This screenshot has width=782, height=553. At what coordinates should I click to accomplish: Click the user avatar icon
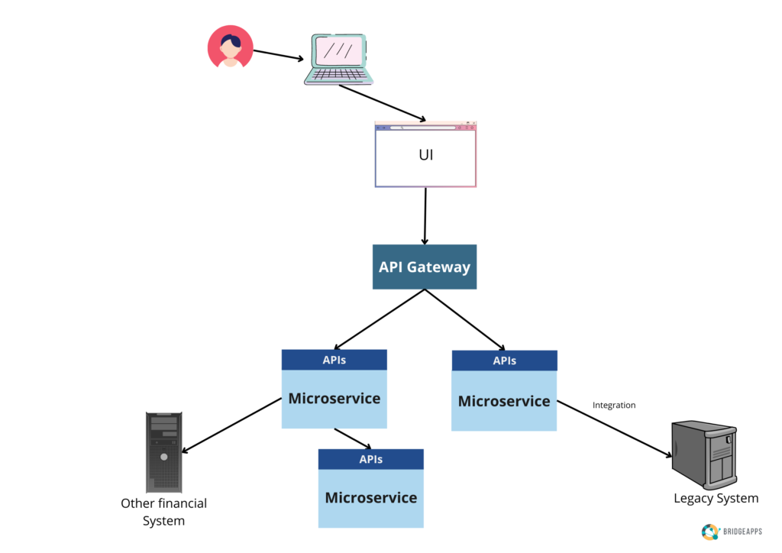click(x=230, y=47)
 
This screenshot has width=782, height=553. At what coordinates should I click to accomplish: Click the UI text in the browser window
click(x=425, y=155)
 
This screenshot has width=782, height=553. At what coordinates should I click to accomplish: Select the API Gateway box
click(x=425, y=267)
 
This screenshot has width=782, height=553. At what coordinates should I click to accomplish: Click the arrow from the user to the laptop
click(x=280, y=56)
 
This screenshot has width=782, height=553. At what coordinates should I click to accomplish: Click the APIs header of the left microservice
click(x=334, y=360)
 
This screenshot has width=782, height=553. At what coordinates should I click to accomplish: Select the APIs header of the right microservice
click(x=504, y=361)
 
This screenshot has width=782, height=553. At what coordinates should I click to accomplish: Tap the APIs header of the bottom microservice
click(x=370, y=459)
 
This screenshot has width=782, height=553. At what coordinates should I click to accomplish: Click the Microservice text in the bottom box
click(x=370, y=498)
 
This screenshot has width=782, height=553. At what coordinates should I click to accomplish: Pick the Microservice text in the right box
click(x=504, y=401)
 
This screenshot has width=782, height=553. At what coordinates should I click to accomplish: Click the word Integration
click(x=614, y=406)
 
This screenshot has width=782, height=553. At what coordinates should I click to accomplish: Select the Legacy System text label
click(x=716, y=499)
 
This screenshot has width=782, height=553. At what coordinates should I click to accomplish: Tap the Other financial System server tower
click(x=164, y=451)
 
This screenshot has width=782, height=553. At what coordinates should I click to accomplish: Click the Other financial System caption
click(x=163, y=512)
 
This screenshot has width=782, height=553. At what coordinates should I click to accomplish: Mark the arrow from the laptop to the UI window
click(x=382, y=103)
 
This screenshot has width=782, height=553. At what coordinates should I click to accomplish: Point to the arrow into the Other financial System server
click(x=231, y=425)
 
